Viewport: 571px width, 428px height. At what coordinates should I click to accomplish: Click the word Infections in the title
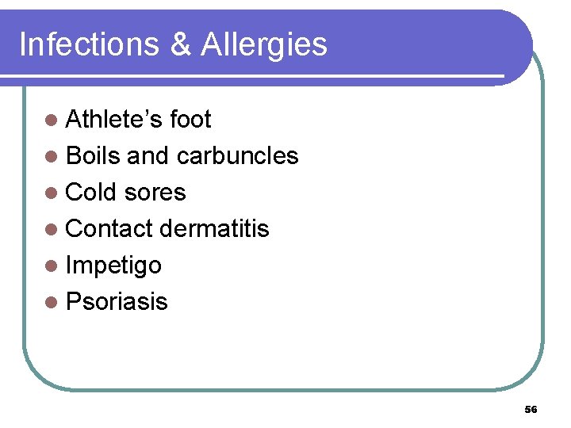[x=88, y=44]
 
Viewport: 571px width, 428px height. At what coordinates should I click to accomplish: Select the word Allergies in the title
[x=264, y=46]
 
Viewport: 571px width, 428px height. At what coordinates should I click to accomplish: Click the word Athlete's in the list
[x=115, y=120]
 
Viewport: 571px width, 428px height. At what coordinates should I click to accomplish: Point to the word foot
[x=190, y=120]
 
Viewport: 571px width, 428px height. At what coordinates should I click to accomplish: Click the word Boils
[x=93, y=156]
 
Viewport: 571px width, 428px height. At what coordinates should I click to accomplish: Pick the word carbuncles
[x=237, y=156]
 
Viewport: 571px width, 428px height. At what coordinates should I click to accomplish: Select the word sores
[x=156, y=193]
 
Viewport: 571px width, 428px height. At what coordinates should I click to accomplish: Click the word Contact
[x=109, y=229]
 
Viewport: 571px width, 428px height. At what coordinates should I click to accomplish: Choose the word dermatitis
[x=214, y=229]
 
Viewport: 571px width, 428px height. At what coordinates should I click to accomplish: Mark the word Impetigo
[x=113, y=266]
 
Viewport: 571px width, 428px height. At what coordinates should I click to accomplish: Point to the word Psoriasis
[x=117, y=302]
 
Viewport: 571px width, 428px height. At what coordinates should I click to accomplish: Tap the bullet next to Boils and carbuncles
[x=52, y=157]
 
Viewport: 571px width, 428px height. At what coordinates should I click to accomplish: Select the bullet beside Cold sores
[x=52, y=193]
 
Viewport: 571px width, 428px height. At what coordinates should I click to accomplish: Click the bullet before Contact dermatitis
[x=52, y=230]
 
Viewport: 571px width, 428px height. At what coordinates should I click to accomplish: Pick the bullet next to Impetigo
[x=52, y=266]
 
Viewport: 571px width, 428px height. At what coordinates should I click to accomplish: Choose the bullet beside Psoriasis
[x=52, y=303]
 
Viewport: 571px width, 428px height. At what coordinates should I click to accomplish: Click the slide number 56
[x=531, y=410]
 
